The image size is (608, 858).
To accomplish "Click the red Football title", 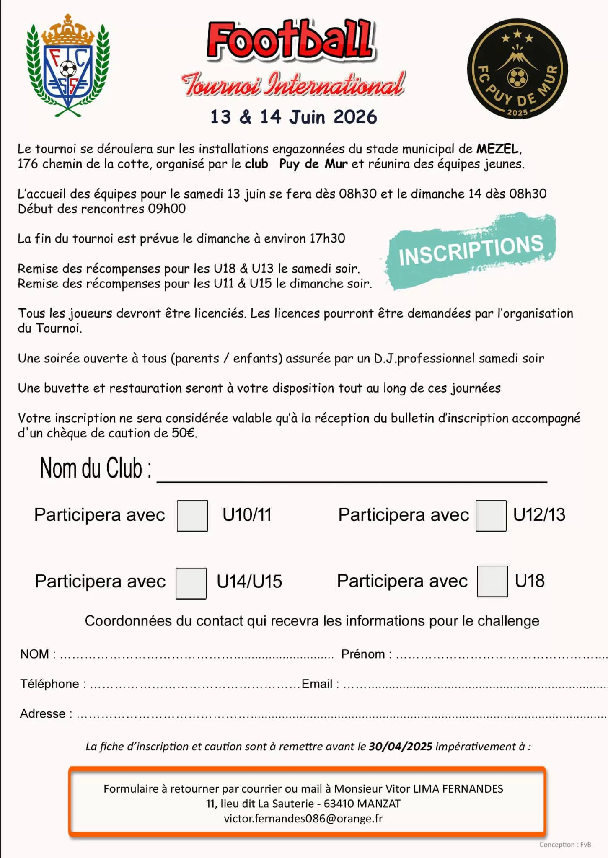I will tap(290, 41).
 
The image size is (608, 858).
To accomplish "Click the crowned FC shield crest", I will tap(67, 66).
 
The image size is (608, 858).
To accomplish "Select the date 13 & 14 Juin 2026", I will tap(293, 117).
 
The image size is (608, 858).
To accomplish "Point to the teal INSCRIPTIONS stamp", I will tap(471, 250).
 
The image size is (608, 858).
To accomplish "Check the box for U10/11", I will tap(192, 516).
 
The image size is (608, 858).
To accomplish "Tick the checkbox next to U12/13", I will tap(491, 516).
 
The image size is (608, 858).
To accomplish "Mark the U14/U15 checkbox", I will tap(191, 583).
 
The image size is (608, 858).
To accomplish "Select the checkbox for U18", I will tap(492, 581).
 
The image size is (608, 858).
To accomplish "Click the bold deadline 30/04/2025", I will tap(400, 747).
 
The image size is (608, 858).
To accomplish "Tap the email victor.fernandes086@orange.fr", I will tap(303, 818).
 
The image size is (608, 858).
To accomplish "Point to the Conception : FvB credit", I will tap(565, 845).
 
